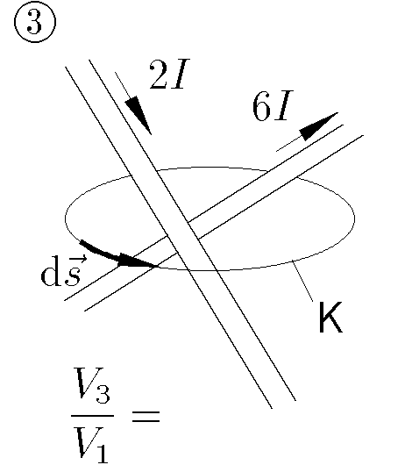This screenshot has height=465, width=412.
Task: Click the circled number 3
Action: [35, 23]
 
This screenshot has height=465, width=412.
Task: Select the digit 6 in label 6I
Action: [262, 106]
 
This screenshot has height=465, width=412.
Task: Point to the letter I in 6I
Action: [283, 106]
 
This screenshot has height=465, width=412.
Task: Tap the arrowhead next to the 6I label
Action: [318, 125]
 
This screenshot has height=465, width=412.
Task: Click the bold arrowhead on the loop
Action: [137, 261]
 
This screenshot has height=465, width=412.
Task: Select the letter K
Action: [330, 317]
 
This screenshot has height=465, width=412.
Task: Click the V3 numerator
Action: [92, 385]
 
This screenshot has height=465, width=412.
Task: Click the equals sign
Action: [146, 416]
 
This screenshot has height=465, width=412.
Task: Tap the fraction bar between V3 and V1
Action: [92, 416]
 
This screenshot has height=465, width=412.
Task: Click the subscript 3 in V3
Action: [103, 394]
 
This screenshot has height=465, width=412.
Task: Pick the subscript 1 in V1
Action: [102, 453]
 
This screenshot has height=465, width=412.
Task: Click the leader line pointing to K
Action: [302, 281]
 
